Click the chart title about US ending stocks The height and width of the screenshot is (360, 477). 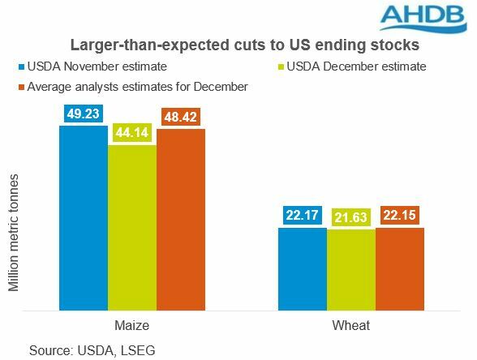[238, 44]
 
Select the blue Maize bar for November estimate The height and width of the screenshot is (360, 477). [83, 217]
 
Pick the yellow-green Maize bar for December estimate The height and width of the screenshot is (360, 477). [132, 227]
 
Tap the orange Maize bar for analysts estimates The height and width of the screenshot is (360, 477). [181, 219]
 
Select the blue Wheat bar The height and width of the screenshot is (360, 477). [302, 268]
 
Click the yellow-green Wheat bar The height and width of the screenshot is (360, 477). [351, 269]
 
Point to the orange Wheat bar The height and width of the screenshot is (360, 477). [400, 268]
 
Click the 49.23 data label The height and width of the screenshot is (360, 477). [83, 114]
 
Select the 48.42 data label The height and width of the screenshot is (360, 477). [181, 118]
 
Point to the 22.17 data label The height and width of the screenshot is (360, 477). [302, 216]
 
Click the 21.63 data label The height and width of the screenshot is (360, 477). [351, 218]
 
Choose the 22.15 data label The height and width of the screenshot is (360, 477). [400, 216]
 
